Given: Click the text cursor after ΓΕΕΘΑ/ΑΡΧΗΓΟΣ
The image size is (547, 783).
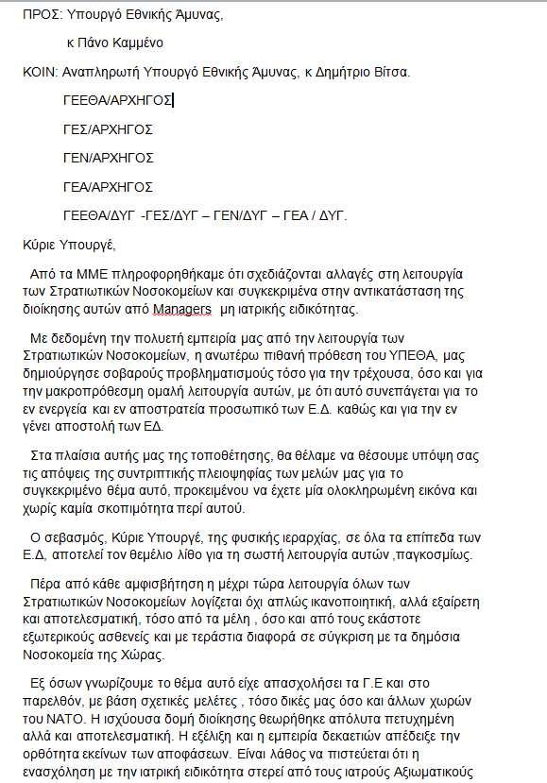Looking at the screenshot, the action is coord(175,101).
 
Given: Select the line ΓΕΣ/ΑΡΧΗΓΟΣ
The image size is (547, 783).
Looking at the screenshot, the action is coord(108,129).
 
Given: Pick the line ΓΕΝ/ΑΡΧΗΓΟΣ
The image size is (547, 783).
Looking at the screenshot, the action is coord(108,158).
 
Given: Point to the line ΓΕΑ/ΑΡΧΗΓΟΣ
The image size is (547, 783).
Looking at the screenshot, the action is coord(108,187).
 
